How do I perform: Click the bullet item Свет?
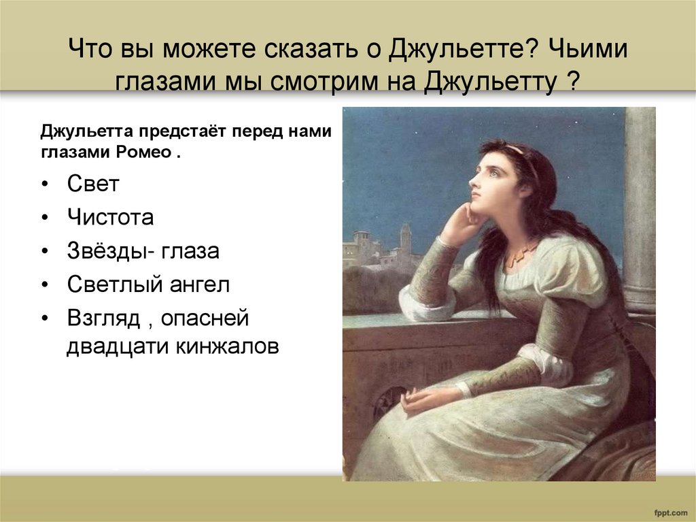coord(93,184)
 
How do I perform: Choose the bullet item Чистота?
coord(110,218)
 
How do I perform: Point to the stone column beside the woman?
coord(640,204)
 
